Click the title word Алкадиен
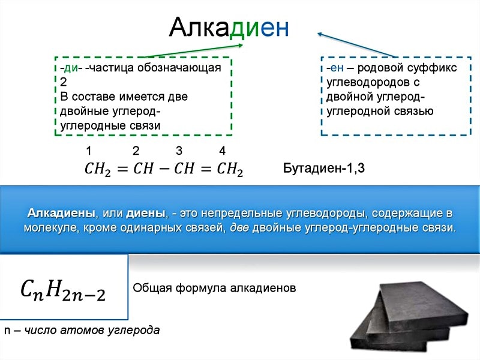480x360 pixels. coord(229,27)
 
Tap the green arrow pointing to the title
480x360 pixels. coord(193,50)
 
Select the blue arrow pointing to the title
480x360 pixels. coord(356,44)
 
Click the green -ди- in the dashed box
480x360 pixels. coord(71,68)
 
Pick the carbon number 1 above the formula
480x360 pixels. coord(89,151)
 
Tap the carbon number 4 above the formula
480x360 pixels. coord(223,151)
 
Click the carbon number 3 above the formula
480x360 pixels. coord(179,151)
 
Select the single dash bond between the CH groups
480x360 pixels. coord(164,169)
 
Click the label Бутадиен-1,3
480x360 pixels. coord(324,168)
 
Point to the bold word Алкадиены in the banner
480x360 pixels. coord(61,213)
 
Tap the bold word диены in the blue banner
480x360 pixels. coord(145,214)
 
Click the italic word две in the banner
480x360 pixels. coord(239,228)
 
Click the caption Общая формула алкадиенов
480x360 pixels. coord(214,288)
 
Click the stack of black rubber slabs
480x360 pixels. coord(409,317)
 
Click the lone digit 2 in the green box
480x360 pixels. coord(64,82)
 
